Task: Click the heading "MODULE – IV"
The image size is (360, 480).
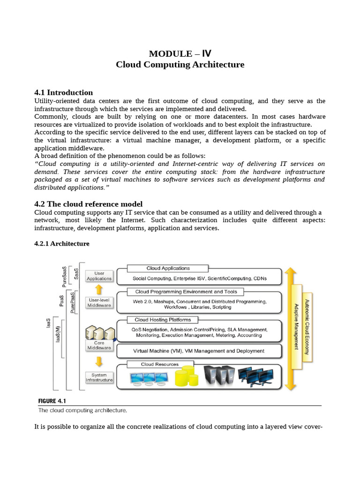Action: (x=180, y=53)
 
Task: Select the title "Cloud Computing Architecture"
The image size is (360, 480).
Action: (x=180, y=65)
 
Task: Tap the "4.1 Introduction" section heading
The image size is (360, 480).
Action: (x=64, y=92)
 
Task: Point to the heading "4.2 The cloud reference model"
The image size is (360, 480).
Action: (x=89, y=204)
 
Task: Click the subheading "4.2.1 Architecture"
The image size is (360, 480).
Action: (x=62, y=244)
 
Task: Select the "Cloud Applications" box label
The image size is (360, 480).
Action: (x=168, y=269)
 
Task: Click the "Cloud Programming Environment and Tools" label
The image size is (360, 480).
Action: (x=186, y=292)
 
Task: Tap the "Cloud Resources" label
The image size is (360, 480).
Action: (x=159, y=364)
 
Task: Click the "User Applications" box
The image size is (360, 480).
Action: (x=99, y=276)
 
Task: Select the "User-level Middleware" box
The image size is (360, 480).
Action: (x=99, y=302)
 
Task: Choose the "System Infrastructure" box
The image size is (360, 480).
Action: (x=99, y=377)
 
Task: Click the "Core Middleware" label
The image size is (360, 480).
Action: (x=99, y=345)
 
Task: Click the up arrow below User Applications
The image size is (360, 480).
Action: (x=99, y=289)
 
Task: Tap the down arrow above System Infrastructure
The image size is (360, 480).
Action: (x=99, y=362)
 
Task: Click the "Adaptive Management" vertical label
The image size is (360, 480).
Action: (x=296, y=327)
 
